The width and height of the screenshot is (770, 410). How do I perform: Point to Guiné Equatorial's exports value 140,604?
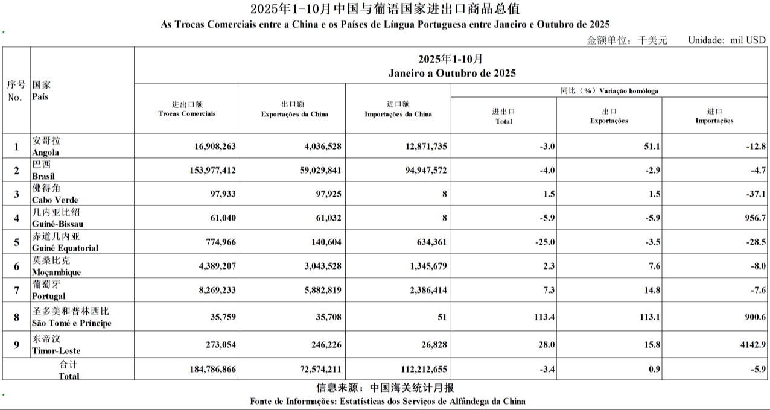tap(324, 242)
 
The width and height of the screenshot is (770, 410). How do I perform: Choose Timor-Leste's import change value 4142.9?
tap(751, 344)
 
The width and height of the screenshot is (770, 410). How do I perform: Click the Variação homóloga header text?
tap(627, 91)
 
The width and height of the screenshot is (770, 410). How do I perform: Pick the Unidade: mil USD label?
tap(727, 40)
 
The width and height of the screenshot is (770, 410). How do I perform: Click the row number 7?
tap(16, 291)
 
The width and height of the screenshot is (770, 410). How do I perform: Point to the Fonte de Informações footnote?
tap(387, 401)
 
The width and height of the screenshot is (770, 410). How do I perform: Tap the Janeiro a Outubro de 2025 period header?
tap(451, 74)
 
